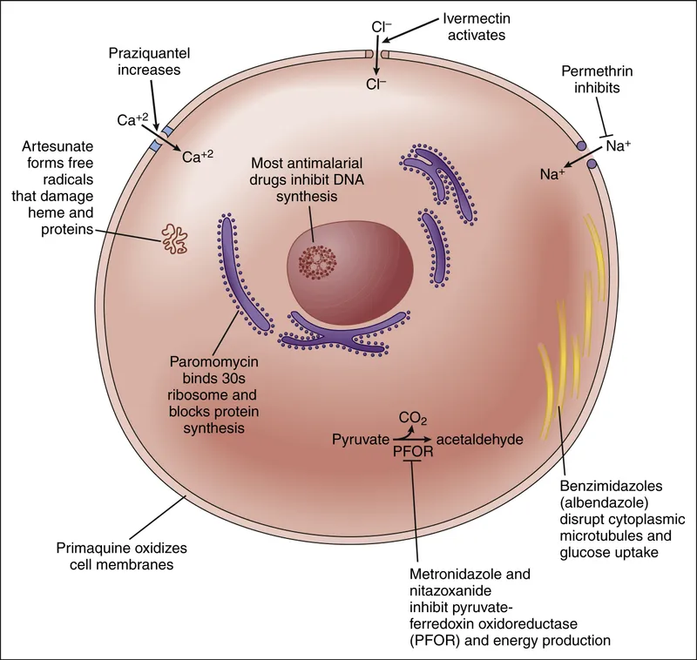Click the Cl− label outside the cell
(x=381, y=27)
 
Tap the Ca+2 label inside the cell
(x=198, y=157)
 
